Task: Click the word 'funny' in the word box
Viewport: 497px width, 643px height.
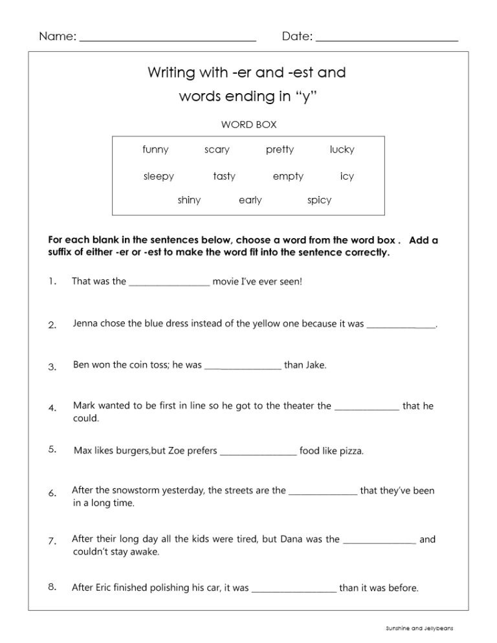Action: click(155, 150)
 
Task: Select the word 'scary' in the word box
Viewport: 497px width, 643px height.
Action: click(217, 150)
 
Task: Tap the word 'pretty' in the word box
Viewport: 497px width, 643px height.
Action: click(280, 150)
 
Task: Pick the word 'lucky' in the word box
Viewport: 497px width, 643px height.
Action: click(342, 150)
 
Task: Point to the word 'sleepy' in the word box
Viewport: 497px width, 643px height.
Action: click(159, 177)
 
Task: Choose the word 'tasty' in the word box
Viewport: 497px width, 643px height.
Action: click(224, 177)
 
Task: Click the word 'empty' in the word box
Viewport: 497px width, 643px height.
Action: click(288, 177)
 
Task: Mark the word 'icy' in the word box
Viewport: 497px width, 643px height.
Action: click(347, 177)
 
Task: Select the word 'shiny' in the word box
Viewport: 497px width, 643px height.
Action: click(189, 201)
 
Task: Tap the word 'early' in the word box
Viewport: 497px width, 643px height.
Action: click(250, 201)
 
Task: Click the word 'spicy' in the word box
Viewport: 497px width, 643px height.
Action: click(319, 201)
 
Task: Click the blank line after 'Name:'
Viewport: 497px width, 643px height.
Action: click(168, 39)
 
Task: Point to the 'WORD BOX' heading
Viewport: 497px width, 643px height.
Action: click(249, 124)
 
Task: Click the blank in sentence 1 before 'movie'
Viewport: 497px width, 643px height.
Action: click(170, 283)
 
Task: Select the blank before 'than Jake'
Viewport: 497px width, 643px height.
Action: click(243, 367)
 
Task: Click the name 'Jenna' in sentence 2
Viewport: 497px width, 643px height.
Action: click(86, 323)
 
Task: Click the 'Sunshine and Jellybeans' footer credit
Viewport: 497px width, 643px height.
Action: click(419, 627)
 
